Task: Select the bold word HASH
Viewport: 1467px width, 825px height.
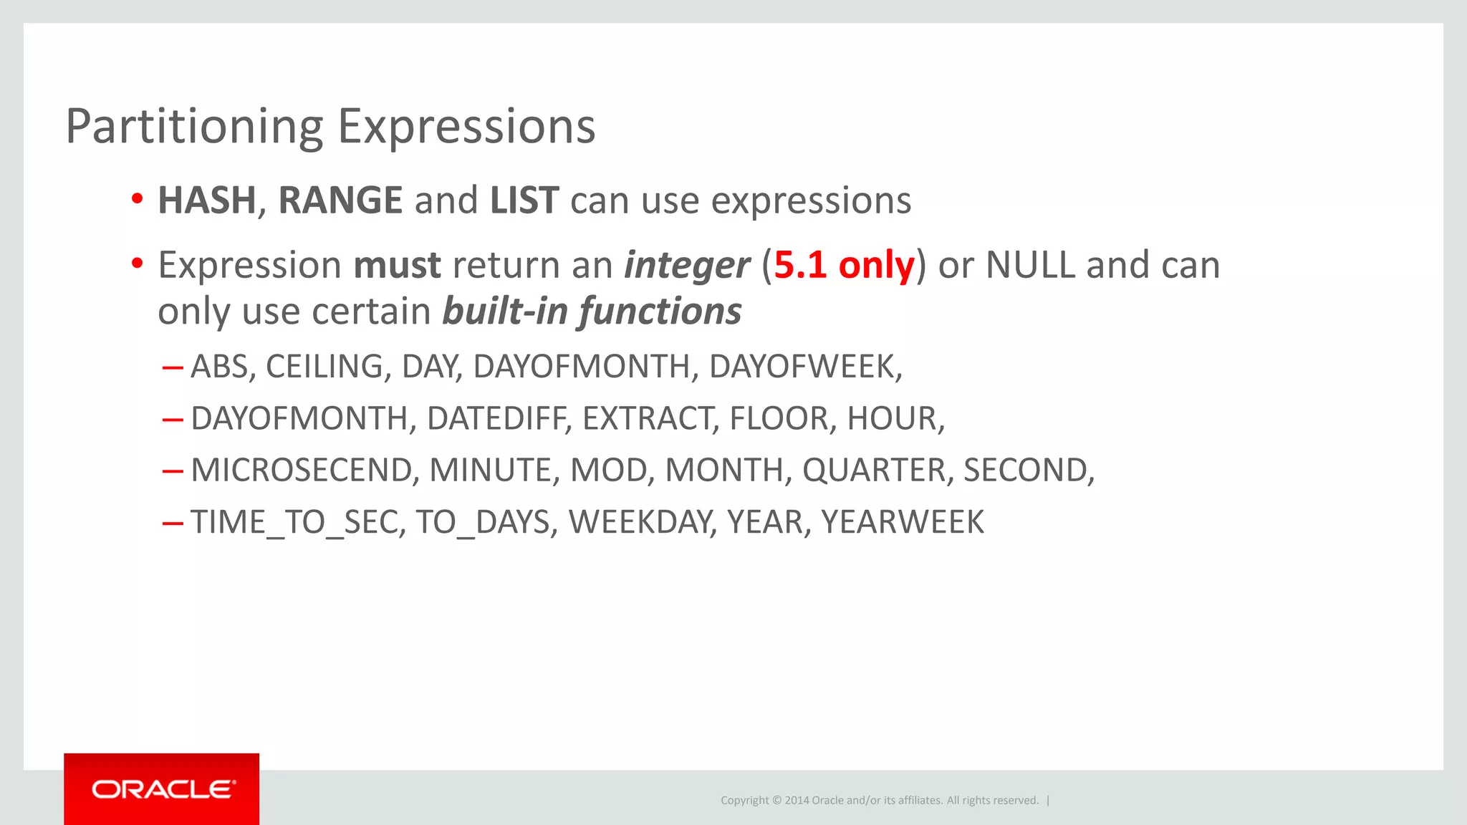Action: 206,201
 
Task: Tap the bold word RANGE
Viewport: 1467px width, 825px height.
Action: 340,201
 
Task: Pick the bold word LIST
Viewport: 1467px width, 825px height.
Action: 524,201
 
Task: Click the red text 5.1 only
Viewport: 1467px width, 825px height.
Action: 844,266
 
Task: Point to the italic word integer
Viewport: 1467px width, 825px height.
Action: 686,266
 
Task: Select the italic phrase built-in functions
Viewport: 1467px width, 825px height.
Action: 592,312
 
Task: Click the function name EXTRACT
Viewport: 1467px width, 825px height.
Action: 649,419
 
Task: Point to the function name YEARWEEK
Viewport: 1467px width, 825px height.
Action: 903,522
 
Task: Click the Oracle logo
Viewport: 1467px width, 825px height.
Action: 162,789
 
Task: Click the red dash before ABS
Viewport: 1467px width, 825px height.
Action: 173,368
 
